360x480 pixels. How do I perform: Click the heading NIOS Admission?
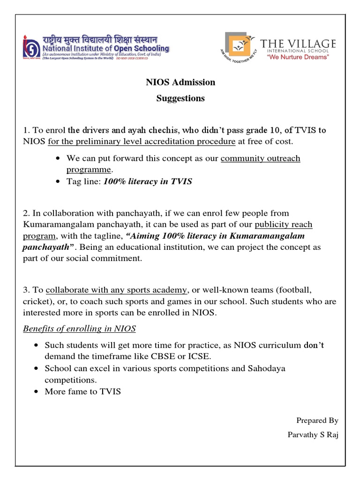click(180, 82)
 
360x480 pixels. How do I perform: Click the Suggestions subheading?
click(180, 98)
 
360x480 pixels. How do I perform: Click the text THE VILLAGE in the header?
click(298, 44)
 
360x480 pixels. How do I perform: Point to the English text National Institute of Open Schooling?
click(106, 48)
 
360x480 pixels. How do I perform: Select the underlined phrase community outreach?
click(260, 158)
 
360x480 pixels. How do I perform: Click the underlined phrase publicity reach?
click(283, 224)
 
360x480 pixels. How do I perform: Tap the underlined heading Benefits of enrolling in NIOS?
click(79, 329)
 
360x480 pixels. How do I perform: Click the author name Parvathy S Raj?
click(313, 435)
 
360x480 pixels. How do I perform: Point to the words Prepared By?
click(317, 420)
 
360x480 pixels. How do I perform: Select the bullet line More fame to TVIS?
click(82, 391)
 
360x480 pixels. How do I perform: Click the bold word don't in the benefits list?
click(314, 345)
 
